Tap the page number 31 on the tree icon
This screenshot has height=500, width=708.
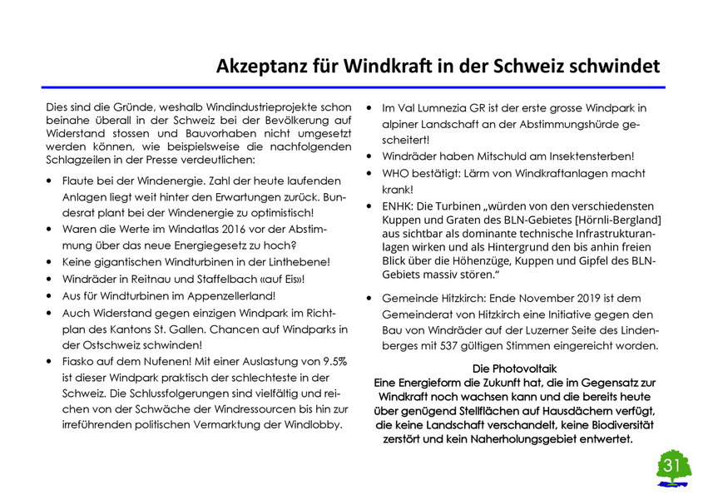pos(673,463)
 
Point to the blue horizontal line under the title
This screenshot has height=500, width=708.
pos(354,87)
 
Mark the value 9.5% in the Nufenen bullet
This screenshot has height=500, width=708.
pos(331,360)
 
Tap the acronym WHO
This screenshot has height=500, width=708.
pos(396,172)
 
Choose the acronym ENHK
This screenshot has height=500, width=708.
pos(399,205)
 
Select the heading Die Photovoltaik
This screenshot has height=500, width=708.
pos(514,368)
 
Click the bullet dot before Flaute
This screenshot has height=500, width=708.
pos(52,181)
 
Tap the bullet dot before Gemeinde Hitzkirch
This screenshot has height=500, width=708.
pos(369,298)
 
